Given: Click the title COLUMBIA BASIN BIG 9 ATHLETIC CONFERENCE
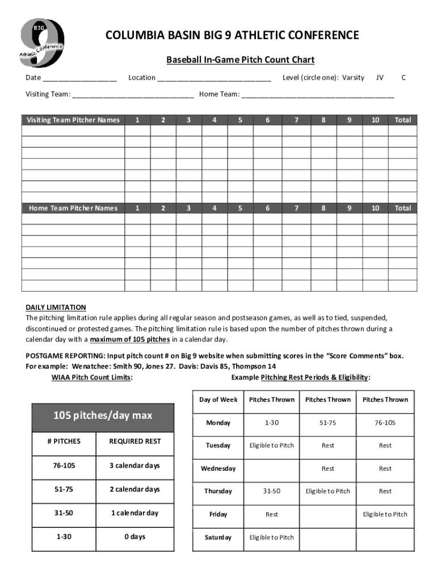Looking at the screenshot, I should pyautogui.click(x=232, y=36).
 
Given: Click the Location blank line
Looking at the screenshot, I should pyautogui.click(x=214, y=78).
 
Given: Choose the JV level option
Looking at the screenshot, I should pyautogui.click(x=380, y=77).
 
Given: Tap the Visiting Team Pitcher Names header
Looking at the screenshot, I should pyautogui.click(x=73, y=120).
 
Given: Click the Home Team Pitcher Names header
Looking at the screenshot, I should pyautogui.click(x=73, y=208).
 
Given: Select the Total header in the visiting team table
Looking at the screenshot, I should pyautogui.click(x=402, y=120).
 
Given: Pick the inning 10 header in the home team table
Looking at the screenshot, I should pyautogui.click(x=375, y=208).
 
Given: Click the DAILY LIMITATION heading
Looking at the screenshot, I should pyautogui.click(x=56, y=307).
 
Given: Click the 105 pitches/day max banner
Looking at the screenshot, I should pyautogui.click(x=103, y=415).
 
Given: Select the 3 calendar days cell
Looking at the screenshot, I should pyautogui.click(x=135, y=465).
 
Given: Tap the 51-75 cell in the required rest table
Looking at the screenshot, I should pyautogui.click(x=64, y=489).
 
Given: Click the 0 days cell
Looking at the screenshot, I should pyautogui.click(x=135, y=537).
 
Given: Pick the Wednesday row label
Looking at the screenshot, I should pyautogui.click(x=218, y=468).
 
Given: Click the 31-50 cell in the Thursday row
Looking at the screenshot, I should pyautogui.click(x=271, y=491).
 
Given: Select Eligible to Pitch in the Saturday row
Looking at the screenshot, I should pyautogui.click(x=271, y=537).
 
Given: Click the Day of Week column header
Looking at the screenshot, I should pyautogui.click(x=218, y=400).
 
